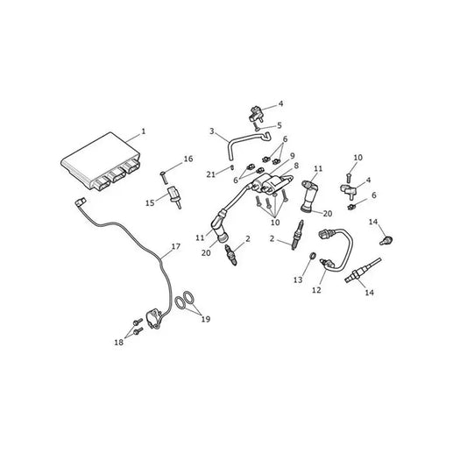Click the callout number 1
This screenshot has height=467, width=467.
pos(144,131)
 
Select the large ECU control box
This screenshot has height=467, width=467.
pos(101,161)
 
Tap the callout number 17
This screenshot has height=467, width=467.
pos(176,246)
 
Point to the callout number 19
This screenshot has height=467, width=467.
pos(206,319)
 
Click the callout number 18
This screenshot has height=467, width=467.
pos(119,343)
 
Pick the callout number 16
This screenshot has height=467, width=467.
pos(188,159)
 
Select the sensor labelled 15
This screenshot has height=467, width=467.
pos(174,196)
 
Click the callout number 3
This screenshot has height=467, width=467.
pos(212,131)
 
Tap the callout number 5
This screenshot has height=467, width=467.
pos(279,125)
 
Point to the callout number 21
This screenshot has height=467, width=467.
pos(211,174)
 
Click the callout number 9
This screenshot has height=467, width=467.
pos(292,156)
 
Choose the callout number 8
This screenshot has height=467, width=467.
pos(296,166)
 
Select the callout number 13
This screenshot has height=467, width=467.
pos(298,280)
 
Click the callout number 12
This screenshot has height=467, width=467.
pos(316,290)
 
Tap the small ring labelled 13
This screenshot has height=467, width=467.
pos(313,256)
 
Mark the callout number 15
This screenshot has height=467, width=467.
pos(150,203)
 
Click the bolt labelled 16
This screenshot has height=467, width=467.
pos(163,178)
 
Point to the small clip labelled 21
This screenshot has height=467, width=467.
pos(231,167)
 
